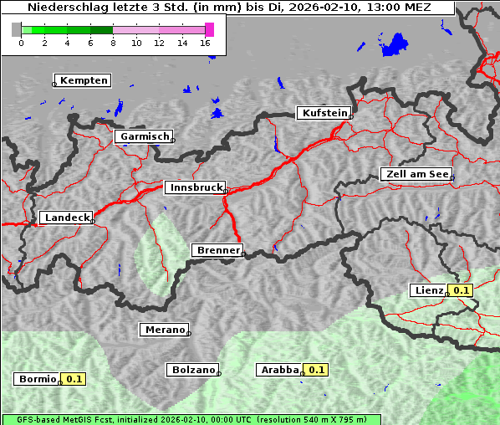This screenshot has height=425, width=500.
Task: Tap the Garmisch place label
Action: tap(144, 136)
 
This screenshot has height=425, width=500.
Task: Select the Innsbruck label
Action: tap(195, 188)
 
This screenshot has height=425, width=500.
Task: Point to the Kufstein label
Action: tap(324, 113)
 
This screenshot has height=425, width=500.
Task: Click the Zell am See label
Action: tap(416, 174)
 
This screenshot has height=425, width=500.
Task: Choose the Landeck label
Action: tap(66, 218)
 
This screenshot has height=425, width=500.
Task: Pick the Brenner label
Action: tap(217, 250)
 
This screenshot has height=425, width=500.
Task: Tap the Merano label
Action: tap(164, 330)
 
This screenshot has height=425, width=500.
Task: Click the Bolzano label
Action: tap(193, 369)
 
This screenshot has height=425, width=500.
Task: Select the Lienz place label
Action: tap(429, 290)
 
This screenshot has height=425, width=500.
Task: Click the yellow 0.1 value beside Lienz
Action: tap(461, 290)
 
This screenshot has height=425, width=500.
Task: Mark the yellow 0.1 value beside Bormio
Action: tap(74, 379)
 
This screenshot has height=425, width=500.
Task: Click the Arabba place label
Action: tap(279, 369)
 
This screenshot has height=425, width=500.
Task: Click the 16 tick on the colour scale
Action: tap(205, 43)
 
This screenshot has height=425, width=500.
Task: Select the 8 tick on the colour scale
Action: tap(113, 43)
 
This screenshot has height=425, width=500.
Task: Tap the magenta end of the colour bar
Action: tap(209, 29)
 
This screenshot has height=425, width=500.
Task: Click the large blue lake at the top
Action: tap(394, 44)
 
